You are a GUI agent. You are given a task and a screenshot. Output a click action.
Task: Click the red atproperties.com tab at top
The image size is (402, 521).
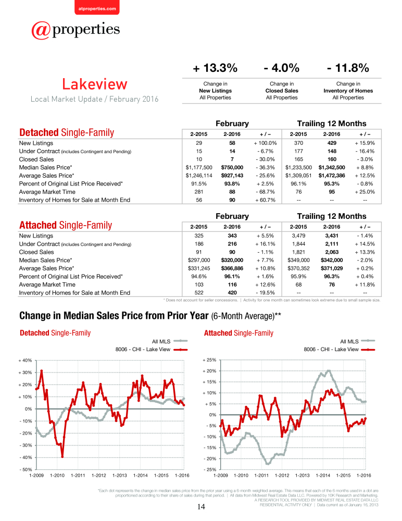click(97, 8)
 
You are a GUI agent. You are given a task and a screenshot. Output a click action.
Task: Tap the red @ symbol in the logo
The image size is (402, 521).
click(41, 31)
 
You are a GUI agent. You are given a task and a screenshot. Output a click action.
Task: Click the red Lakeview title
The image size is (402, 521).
click(95, 84)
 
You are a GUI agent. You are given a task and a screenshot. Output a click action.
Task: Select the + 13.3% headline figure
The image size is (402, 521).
click(215, 68)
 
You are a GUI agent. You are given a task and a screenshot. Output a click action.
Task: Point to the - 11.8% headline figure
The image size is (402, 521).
click(348, 68)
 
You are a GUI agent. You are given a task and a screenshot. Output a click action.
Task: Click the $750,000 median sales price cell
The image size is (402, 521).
click(232, 167)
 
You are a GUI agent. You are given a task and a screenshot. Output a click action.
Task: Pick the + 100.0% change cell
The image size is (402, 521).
click(265, 143)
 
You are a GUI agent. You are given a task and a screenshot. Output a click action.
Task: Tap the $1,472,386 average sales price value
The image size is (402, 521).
click(332, 176)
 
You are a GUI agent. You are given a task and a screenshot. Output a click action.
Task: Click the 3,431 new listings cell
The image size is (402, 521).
click(332, 235)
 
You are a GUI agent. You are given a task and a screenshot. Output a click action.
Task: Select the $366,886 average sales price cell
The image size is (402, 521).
click(232, 268)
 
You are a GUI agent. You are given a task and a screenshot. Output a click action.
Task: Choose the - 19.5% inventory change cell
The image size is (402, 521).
click(265, 293)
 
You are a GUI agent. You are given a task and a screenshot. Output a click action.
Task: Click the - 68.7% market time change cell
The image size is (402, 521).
click(265, 192)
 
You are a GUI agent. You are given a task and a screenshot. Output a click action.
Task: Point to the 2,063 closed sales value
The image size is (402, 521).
click(332, 252)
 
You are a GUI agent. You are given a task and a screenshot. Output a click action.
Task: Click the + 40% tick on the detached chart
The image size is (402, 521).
click(25, 360)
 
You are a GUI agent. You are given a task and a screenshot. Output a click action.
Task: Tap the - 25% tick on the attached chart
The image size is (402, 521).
click(210, 469)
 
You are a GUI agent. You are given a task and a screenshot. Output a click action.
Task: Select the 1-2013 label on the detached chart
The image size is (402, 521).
click(120, 476)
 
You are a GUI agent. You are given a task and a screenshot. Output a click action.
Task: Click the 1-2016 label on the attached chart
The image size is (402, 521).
click(364, 476)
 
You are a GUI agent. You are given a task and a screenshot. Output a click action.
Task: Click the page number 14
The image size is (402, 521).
click(201, 507)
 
